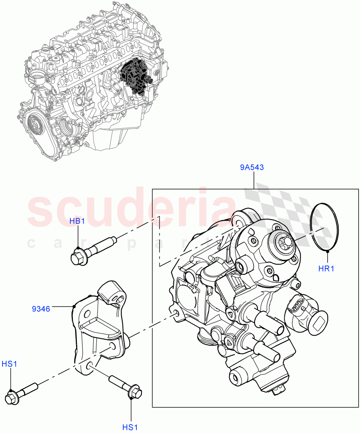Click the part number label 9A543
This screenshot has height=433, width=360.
(x=252, y=167)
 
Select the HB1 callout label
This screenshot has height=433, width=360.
(x=77, y=221)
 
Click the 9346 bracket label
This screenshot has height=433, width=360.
(x=41, y=309)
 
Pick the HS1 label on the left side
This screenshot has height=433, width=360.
(x=9, y=364)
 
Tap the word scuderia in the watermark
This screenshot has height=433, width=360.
(x=130, y=209)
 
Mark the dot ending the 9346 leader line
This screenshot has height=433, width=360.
(x=74, y=306)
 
